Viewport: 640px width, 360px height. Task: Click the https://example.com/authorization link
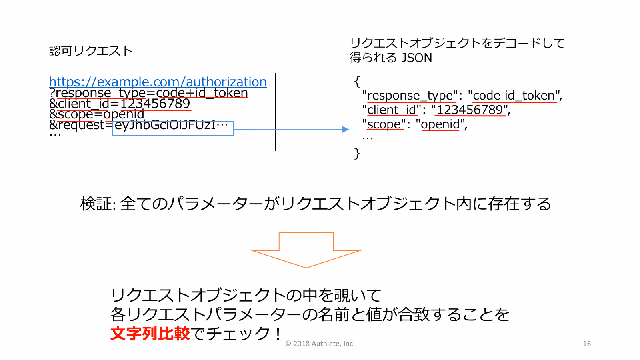coord(158,82)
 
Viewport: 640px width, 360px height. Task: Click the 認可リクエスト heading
coord(91,51)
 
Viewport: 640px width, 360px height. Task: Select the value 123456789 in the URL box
coord(155,104)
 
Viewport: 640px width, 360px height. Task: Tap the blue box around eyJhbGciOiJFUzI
coord(172,122)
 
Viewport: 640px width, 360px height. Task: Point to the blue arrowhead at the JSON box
coord(346,130)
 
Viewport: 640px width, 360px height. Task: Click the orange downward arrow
coord(306,250)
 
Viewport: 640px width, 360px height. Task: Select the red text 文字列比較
coord(150,334)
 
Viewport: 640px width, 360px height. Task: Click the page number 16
coord(587,344)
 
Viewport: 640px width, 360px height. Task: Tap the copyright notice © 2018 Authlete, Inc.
coord(320,344)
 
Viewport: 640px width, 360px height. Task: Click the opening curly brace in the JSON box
coord(357,82)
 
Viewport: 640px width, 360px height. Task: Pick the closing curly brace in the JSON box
coord(357,154)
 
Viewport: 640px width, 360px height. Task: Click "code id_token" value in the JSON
coord(514,96)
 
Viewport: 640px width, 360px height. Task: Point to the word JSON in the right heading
coord(416,58)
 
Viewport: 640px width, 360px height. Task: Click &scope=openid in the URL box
coord(96,114)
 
